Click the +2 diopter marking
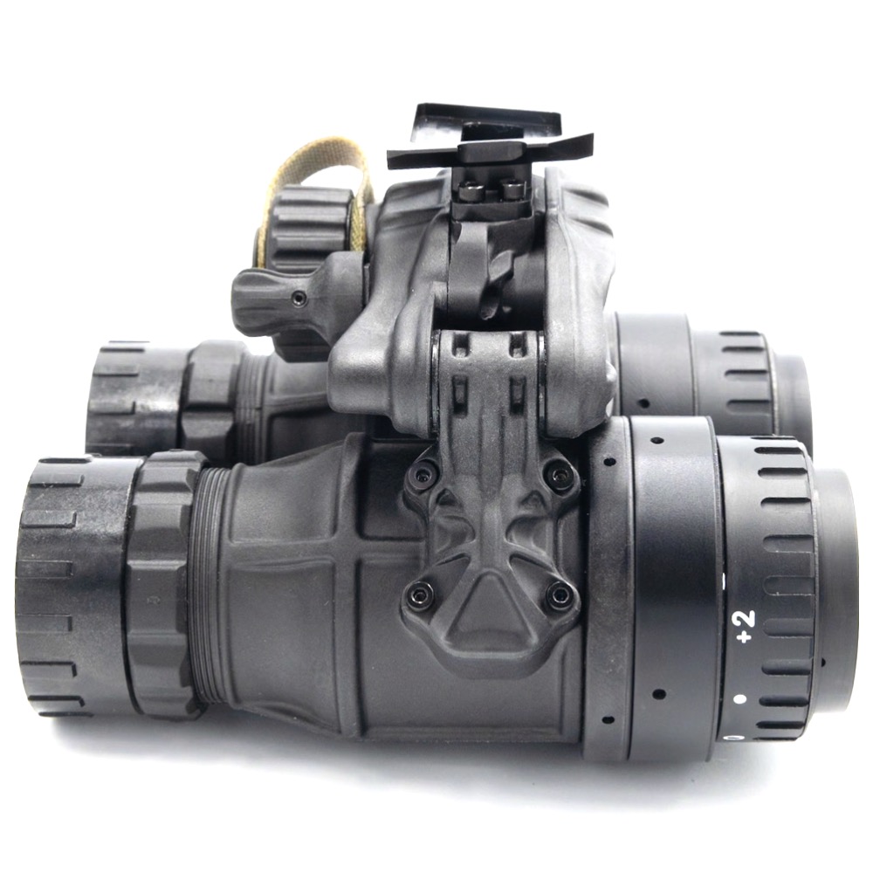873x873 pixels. [x=745, y=625]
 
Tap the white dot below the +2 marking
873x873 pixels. [x=739, y=698]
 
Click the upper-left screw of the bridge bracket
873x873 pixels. [x=422, y=475]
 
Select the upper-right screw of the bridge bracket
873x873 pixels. [x=555, y=473]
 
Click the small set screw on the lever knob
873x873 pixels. [x=300, y=299]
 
